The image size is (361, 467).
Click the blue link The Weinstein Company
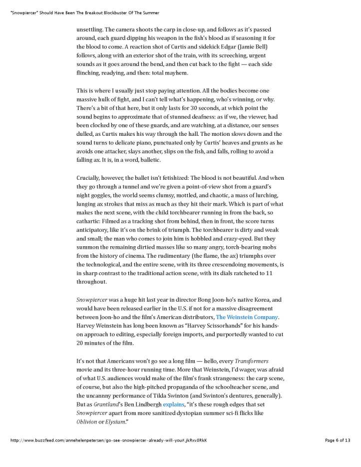click(x=247, y=317)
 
